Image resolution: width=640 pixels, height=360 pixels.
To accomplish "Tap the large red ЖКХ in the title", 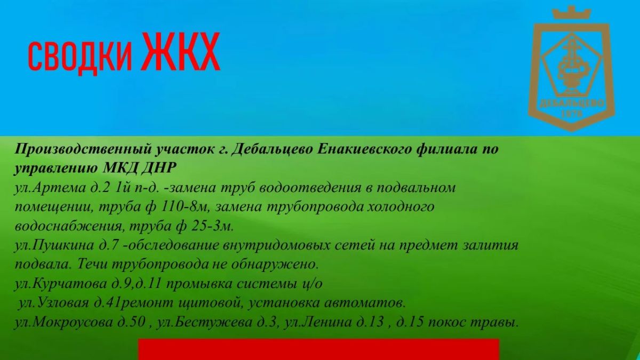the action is (x=181, y=51).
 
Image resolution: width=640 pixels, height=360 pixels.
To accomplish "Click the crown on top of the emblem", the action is (x=571, y=13).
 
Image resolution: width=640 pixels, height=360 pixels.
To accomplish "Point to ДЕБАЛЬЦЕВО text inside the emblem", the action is (x=571, y=103).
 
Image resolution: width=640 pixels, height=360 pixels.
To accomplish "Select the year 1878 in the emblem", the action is (x=572, y=114).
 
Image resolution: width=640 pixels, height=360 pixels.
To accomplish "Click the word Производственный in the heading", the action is (x=83, y=150).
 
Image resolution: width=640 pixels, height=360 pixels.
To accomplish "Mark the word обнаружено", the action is (x=275, y=265).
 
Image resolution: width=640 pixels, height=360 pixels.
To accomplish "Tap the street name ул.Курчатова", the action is (x=60, y=284).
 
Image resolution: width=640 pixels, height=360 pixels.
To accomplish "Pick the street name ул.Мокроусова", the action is (x=63, y=323).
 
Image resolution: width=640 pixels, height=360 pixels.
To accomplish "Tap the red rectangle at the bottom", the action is (x=318, y=349).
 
